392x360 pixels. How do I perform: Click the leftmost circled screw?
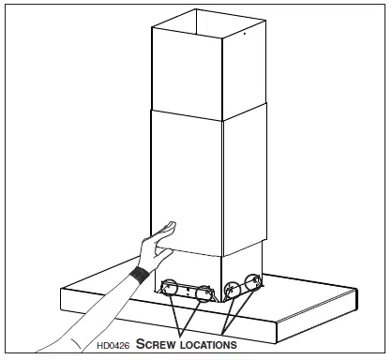tap(172, 287)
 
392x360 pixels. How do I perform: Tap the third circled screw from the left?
tap(234, 288)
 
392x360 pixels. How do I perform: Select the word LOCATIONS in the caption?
tap(207, 344)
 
